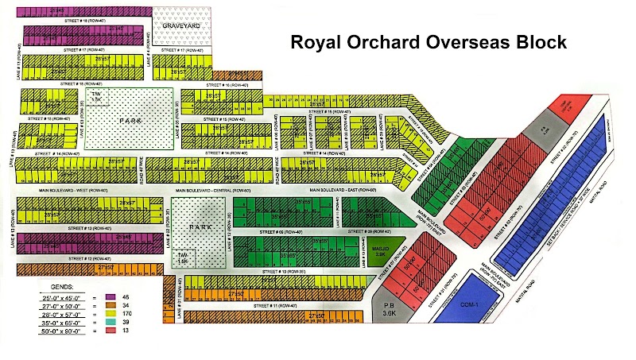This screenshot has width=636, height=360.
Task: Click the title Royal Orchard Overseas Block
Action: [429, 43]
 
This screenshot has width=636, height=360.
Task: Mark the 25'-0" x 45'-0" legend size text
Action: [64, 296]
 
